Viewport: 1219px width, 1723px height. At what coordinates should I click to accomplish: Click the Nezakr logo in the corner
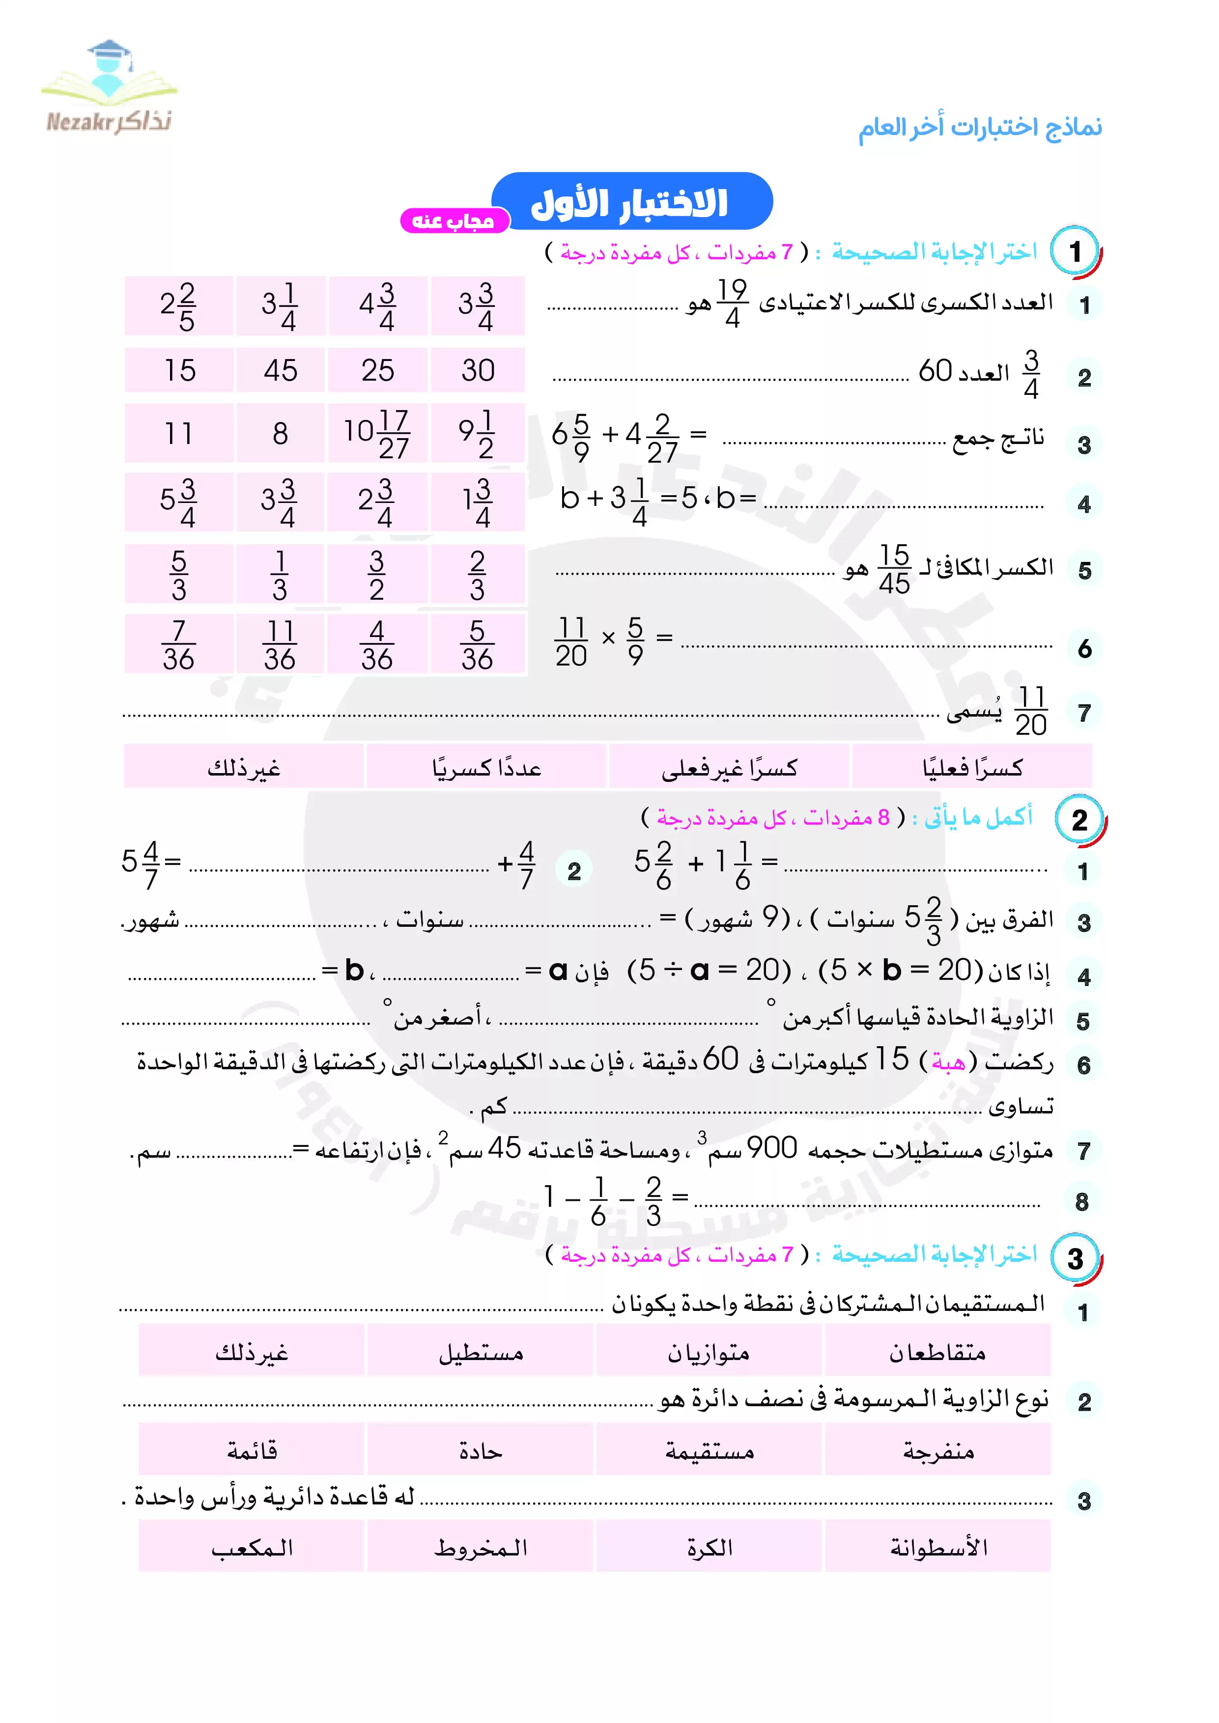pos(109,88)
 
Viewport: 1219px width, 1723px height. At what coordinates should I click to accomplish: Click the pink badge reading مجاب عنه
pos(454,221)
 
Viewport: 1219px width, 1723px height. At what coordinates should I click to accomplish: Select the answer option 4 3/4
pos(377,306)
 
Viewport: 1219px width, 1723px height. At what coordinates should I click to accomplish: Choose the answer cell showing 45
pos(280,370)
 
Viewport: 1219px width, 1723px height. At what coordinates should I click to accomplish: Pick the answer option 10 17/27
pos(377,433)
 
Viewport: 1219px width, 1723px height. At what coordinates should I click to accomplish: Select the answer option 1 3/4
pos(478,501)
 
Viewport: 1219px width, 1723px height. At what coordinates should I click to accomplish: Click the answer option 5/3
pos(179,575)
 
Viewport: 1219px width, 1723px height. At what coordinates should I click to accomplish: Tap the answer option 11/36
pos(280,644)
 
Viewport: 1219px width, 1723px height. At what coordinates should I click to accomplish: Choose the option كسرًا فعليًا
pos(971,767)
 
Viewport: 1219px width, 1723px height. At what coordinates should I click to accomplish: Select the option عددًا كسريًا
pos(486,767)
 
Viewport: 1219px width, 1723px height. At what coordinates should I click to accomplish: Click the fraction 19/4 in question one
pos(732,303)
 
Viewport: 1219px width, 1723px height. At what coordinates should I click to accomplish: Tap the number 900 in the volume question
pos(771,1147)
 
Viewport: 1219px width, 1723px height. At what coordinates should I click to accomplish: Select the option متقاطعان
pos(937,1352)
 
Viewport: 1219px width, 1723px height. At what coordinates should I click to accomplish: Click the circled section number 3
pos(1075,1258)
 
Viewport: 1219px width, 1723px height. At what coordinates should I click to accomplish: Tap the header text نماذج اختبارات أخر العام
pos(980,128)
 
